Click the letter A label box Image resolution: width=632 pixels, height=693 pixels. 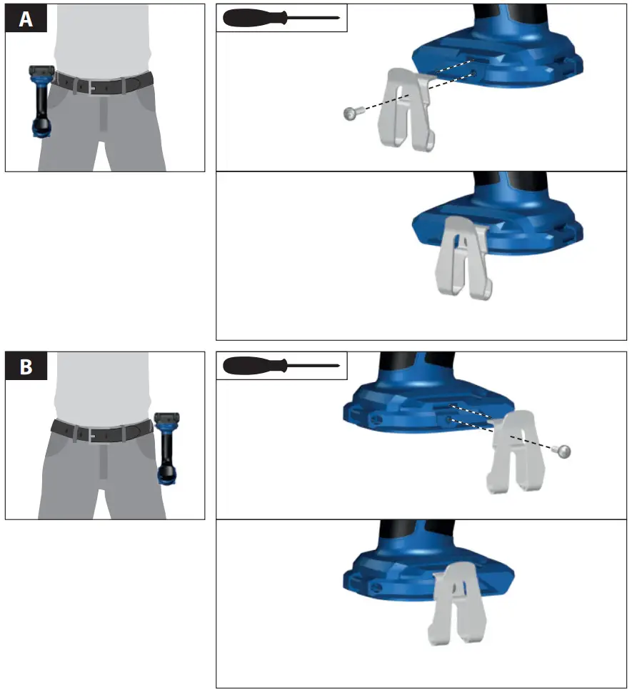26,19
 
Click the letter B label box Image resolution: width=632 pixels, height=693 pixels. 26,367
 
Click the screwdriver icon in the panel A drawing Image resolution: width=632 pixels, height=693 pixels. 281,18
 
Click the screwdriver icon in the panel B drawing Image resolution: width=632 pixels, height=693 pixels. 281,366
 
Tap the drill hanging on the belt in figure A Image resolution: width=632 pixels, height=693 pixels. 40,100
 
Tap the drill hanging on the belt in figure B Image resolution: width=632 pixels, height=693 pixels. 166,448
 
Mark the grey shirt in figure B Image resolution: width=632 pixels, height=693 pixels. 102,386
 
